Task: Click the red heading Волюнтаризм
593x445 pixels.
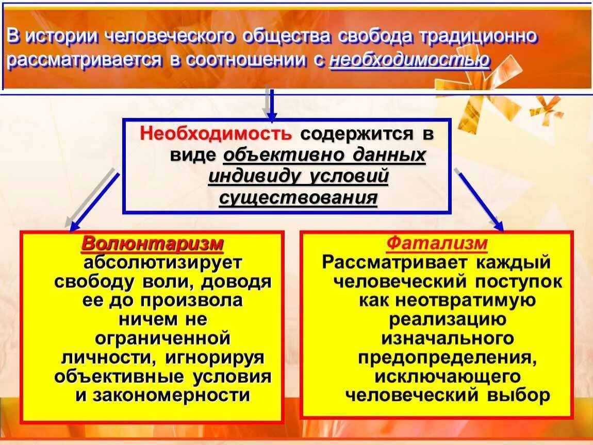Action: (x=153, y=244)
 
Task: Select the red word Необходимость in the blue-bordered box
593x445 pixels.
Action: (x=216, y=134)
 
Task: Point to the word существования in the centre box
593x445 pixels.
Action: (x=298, y=198)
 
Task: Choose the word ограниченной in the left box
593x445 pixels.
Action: (x=163, y=338)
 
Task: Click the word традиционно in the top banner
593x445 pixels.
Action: (x=480, y=37)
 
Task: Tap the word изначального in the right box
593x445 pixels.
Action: (x=448, y=338)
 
